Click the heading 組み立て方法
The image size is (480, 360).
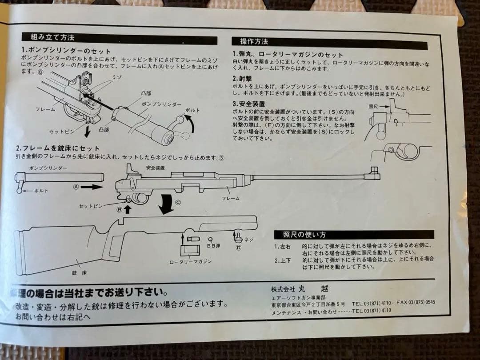click(52, 37)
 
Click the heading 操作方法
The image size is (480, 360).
click(254, 42)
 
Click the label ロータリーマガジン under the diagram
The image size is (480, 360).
click(190, 261)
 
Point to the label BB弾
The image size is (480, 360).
click(214, 245)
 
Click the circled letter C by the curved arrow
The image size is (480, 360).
click(178, 202)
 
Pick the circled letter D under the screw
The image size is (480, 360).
click(238, 248)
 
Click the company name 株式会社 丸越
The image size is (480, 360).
click(300, 288)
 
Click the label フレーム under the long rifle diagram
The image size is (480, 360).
click(231, 198)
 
